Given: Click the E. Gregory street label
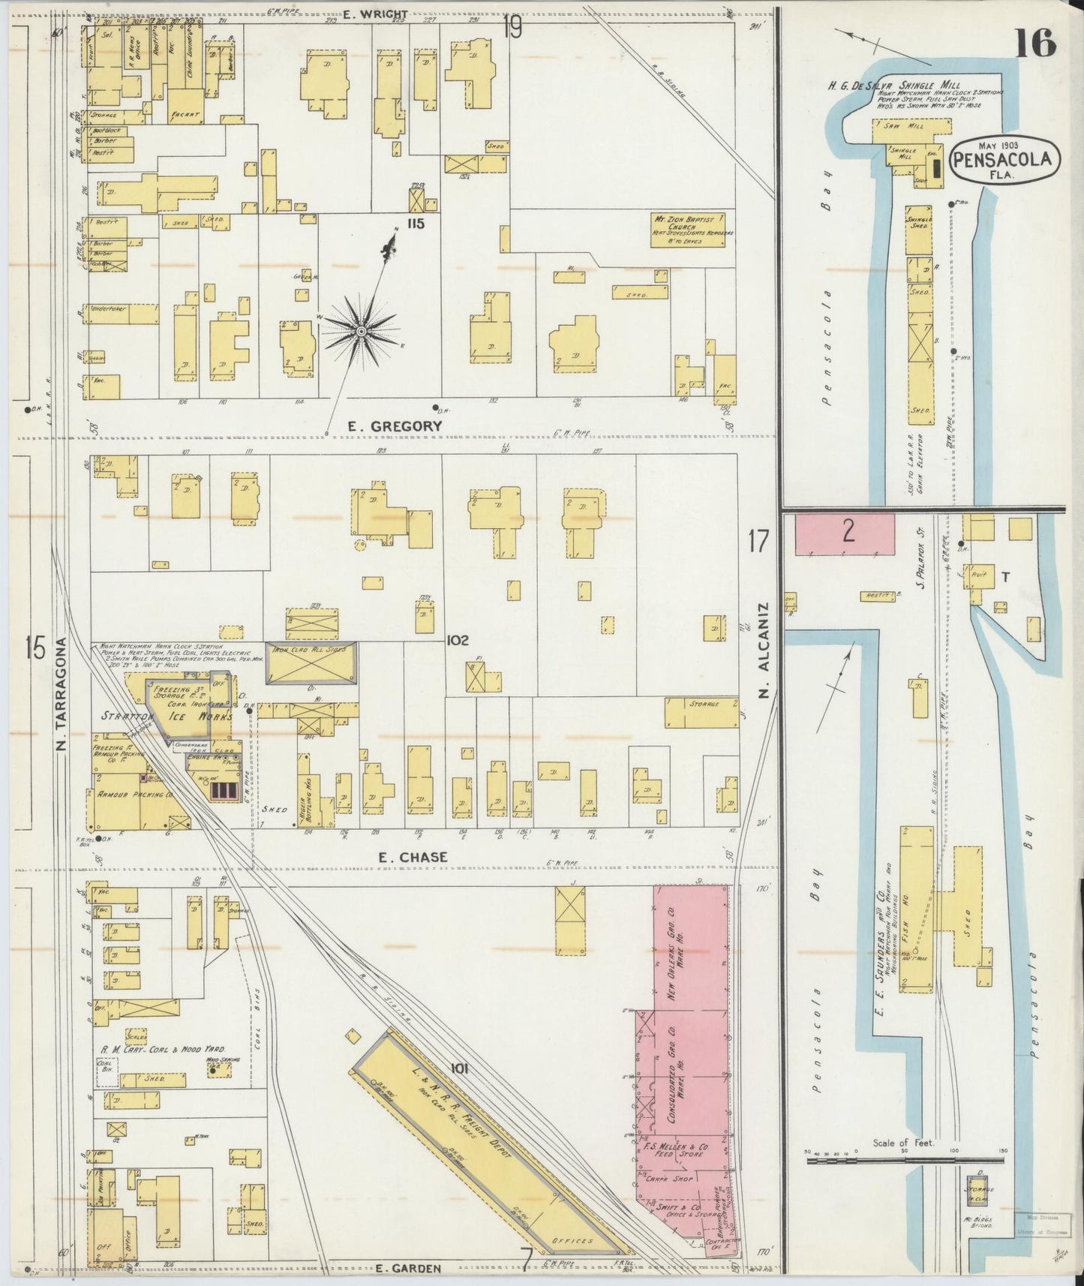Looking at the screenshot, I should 395,425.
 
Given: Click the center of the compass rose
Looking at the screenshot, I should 361,331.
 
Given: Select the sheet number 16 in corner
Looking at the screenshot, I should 1036,45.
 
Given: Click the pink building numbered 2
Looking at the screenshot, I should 845,533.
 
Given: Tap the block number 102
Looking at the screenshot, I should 457,640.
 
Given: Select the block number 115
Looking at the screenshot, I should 416,223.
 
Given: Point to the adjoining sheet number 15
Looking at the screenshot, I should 35,647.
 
